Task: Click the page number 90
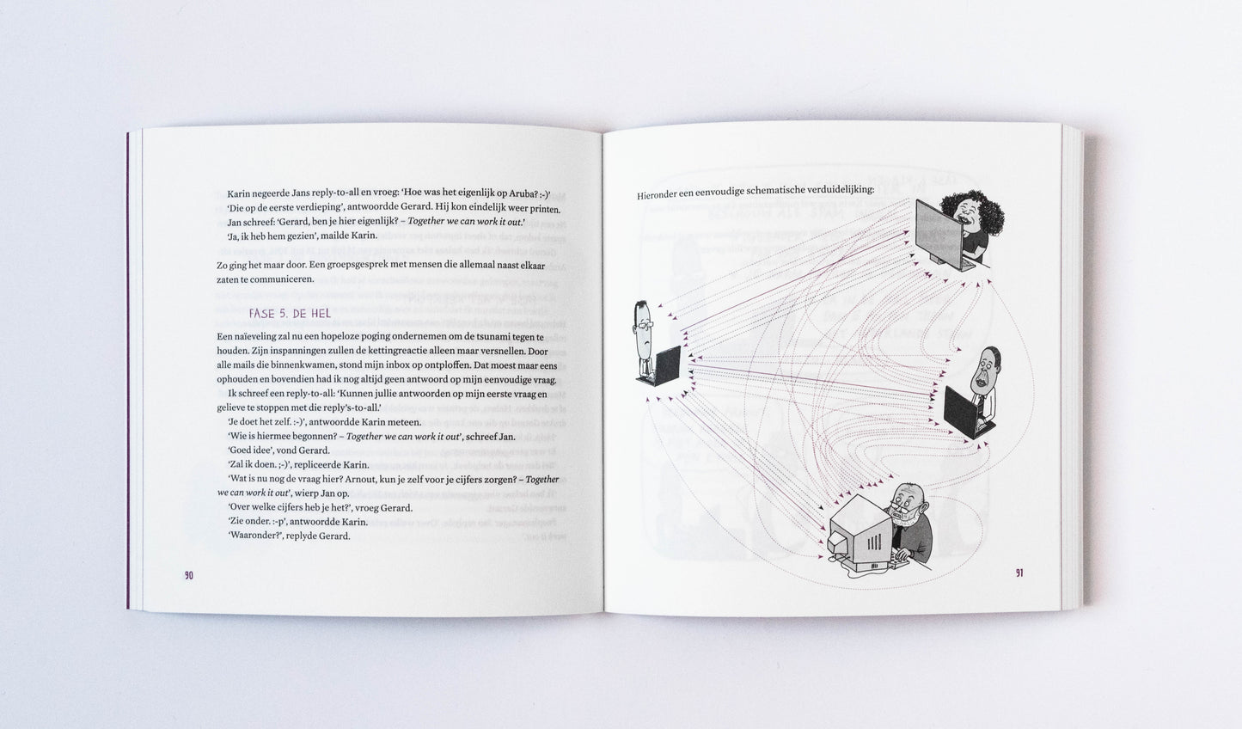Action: tap(189, 575)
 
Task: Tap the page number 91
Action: tap(1019, 573)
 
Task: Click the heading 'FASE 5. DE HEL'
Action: tap(290, 313)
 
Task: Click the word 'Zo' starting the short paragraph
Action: tap(222, 266)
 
